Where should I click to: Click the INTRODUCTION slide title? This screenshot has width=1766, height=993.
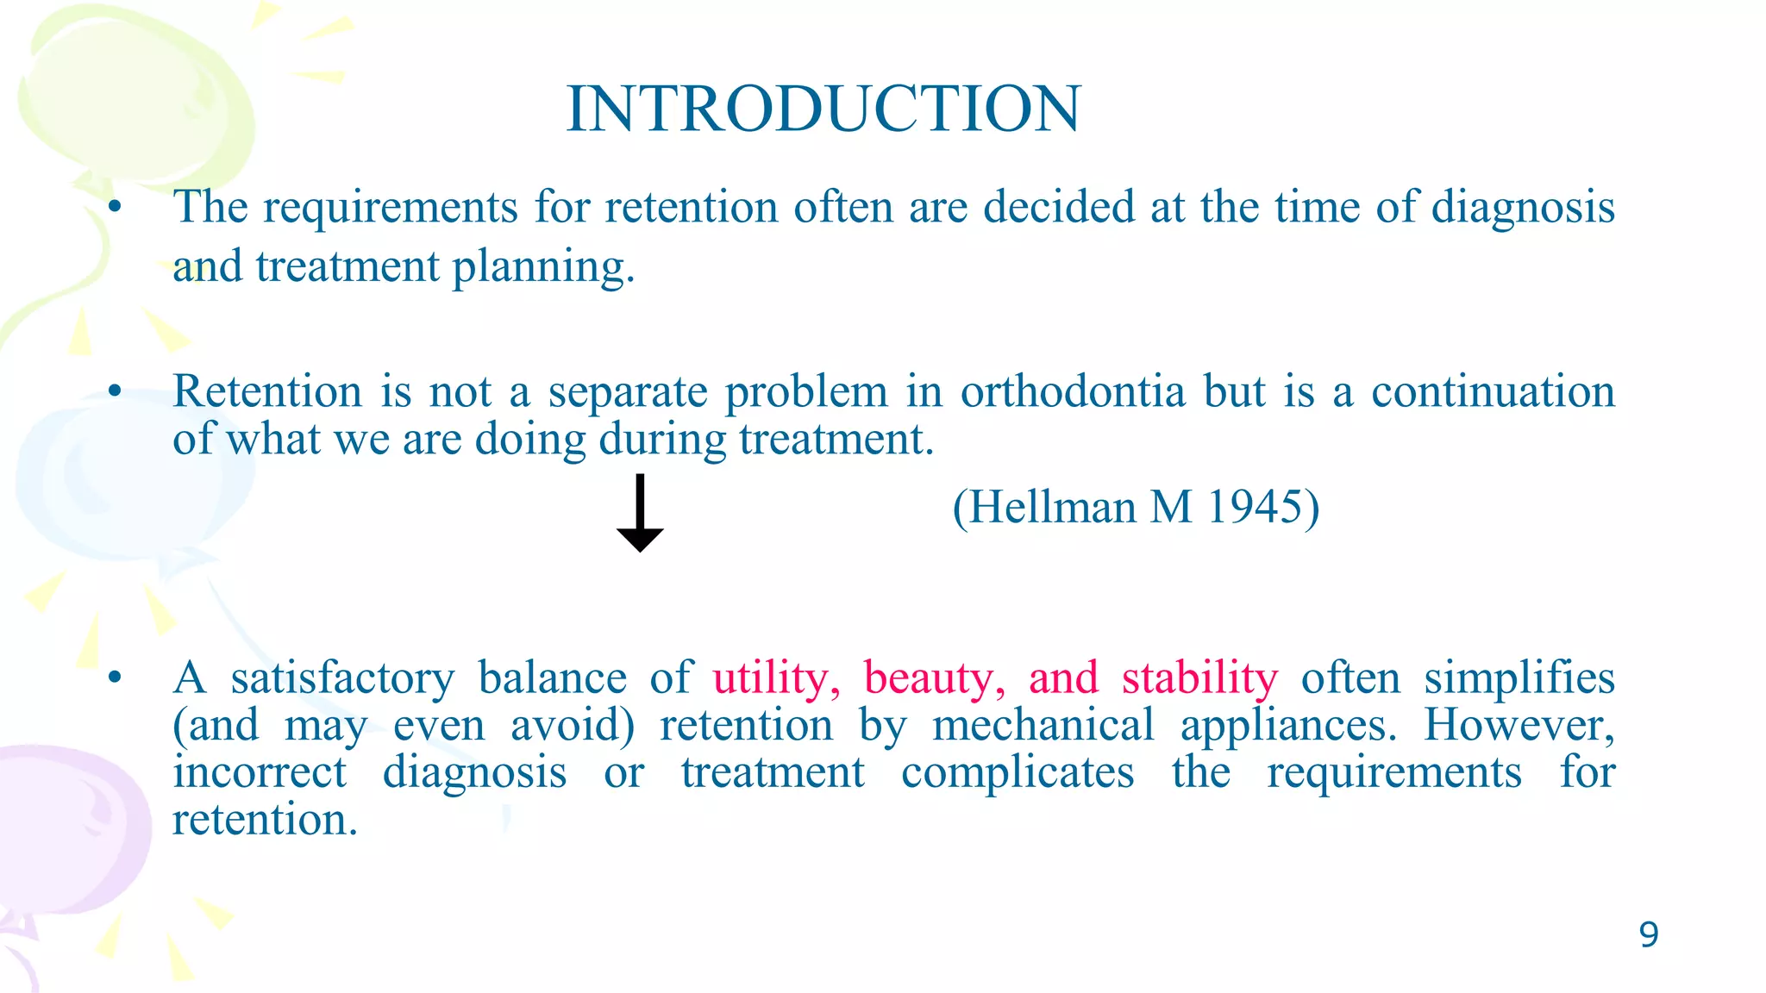coord(824,109)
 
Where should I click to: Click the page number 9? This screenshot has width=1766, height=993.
coord(1648,935)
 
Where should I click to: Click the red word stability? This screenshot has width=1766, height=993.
coord(1199,678)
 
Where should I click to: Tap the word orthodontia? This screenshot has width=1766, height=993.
coord(1073,392)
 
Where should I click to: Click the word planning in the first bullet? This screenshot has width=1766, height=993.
coord(543,267)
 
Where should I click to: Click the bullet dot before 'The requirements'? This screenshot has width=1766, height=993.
coord(115,208)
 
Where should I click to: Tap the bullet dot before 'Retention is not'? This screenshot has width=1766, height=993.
coord(115,392)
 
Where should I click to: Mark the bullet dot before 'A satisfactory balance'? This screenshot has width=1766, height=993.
coord(115,678)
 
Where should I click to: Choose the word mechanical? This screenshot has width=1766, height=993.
coord(1043,725)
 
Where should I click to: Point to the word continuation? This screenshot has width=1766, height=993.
coord(1493,392)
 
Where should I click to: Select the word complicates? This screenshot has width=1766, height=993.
coord(1018,772)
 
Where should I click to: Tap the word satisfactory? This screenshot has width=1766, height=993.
coord(342,678)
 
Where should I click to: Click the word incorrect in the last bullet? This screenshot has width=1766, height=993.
coord(260,772)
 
